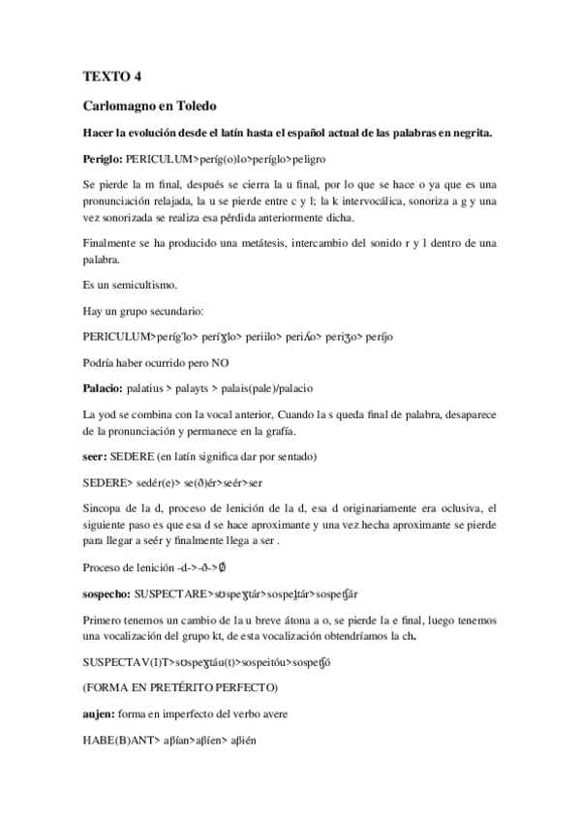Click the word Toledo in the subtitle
[198, 105]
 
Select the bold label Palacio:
[105, 388]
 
